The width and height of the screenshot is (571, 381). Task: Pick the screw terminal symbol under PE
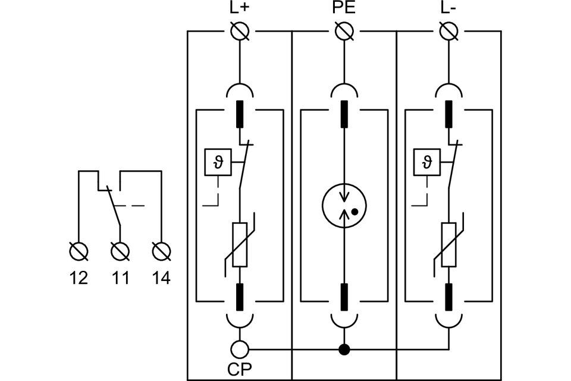pyautogui.click(x=343, y=31)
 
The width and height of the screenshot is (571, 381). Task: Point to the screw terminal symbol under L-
pyautogui.click(x=447, y=31)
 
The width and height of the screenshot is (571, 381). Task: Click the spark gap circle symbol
pyautogui.click(x=343, y=205)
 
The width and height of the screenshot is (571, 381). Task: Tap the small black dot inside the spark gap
pyautogui.click(x=354, y=211)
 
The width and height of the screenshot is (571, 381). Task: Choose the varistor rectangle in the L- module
pyautogui.click(x=447, y=244)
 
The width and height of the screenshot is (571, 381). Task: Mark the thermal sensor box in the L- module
pyautogui.click(x=426, y=162)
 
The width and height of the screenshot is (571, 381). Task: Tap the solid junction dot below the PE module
pyautogui.click(x=343, y=349)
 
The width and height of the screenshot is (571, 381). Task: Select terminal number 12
pyautogui.click(x=79, y=278)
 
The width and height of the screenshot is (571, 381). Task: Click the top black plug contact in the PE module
pyautogui.click(x=343, y=114)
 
